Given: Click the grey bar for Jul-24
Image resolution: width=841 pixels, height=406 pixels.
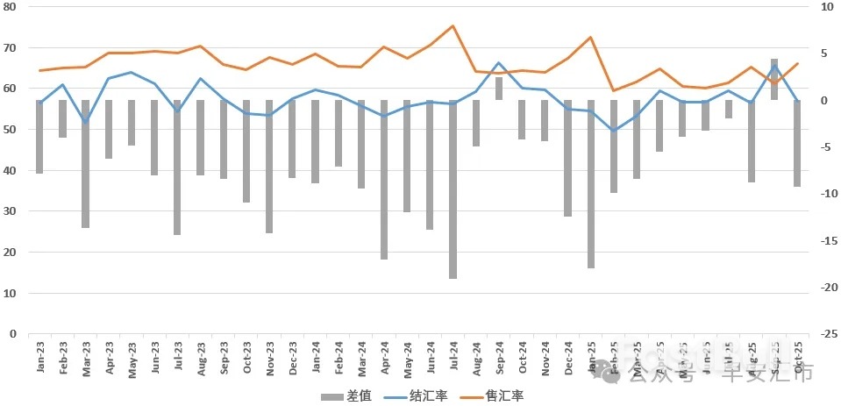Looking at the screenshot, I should tap(453, 189).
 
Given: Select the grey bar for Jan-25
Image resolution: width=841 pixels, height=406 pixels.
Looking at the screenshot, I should tap(590, 184).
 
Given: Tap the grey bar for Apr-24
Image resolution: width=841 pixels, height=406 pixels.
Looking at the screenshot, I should tap(384, 180).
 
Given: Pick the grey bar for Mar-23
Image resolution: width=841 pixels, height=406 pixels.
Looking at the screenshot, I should tap(86, 164).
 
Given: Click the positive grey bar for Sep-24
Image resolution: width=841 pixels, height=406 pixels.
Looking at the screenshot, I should tap(499, 89).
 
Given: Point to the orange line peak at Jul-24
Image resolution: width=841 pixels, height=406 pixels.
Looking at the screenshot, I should tap(453, 26).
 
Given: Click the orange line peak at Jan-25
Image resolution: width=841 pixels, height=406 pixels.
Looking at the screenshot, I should tap(590, 37).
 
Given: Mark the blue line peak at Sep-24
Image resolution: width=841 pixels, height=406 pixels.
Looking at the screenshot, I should tap(499, 63).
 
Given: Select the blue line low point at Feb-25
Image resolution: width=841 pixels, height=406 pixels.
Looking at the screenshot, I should tap(614, 131).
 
